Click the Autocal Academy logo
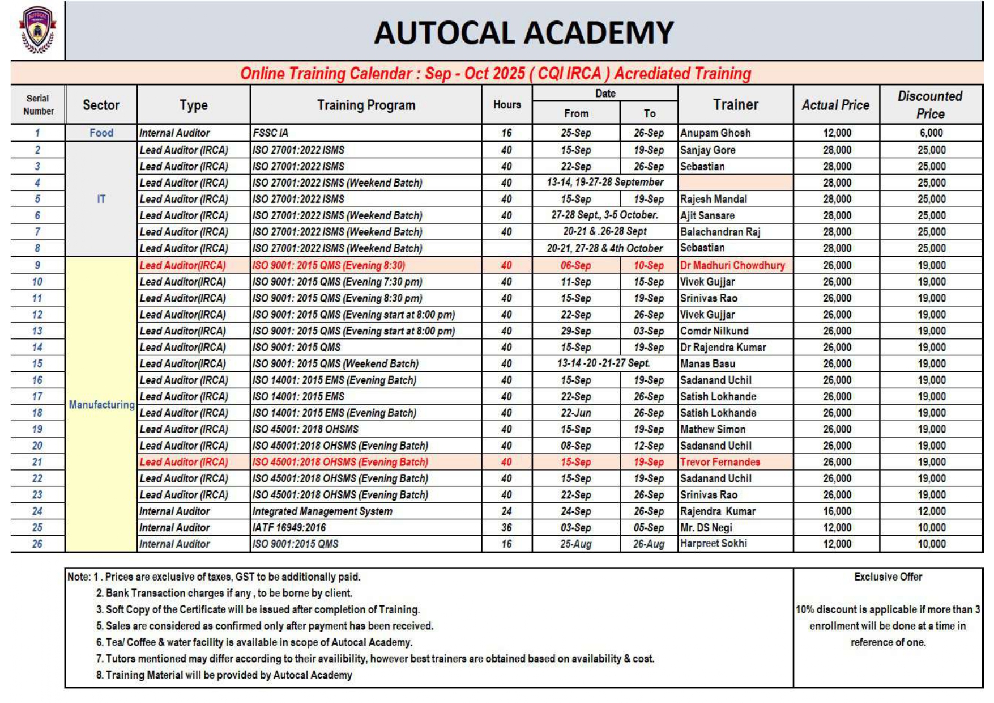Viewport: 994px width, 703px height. point(37,30)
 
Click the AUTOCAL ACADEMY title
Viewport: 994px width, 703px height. point(523,32)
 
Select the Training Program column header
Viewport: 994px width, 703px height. point(366,105)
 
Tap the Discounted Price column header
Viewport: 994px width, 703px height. point(930,105)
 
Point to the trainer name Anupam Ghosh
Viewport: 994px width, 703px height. point(715,133)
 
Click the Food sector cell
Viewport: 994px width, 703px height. point(101,133)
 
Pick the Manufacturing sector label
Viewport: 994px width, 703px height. point(101,405)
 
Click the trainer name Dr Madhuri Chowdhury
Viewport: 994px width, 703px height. point(732,265)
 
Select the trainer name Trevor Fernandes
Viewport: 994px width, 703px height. point(720,462)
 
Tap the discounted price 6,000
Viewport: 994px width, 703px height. point(931,133)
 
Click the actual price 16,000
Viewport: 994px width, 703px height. point(837,511)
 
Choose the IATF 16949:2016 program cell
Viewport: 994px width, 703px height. point(289,528)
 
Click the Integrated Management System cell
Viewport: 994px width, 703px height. point(322,511)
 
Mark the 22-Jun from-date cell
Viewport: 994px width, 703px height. point(575,413)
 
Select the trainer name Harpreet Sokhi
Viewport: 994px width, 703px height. point(714,544)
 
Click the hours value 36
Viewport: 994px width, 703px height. point(506,528)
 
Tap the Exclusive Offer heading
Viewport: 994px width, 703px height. point(888,577)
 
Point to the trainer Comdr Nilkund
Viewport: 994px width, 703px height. point(714,331)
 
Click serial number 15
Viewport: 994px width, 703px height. point(37,364)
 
